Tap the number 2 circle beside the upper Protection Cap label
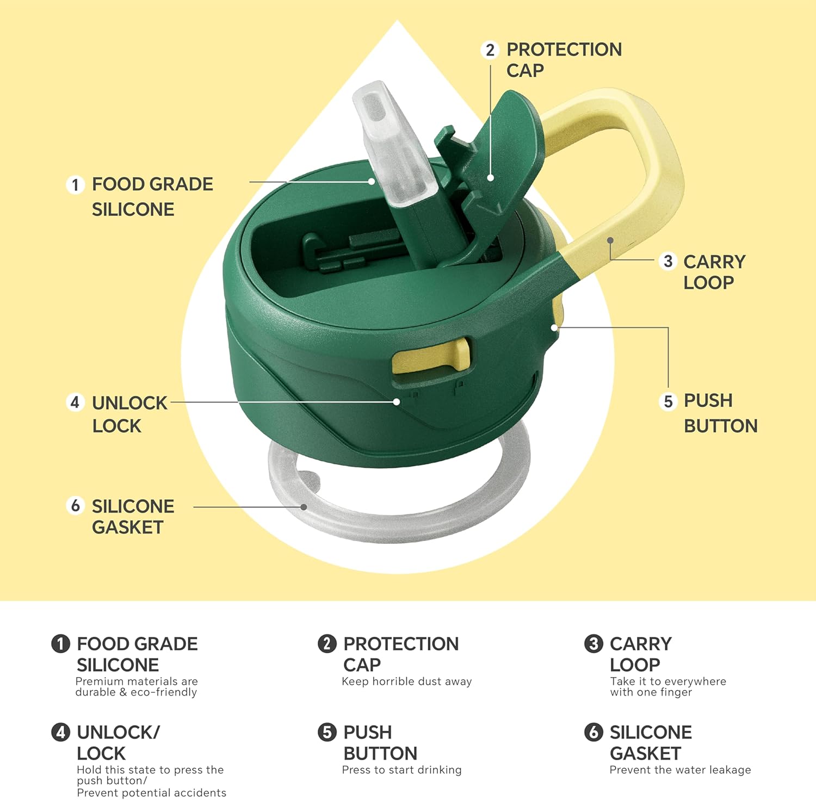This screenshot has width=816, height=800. coord(490,50)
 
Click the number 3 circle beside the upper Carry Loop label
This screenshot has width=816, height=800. coord(668,261)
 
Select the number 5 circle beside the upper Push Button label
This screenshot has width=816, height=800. coord(668,402)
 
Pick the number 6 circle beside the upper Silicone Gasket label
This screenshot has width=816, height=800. coord(75,506)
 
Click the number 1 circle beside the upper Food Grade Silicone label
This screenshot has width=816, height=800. coord(75,185)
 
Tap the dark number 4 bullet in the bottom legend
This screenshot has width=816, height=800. coord(60,732)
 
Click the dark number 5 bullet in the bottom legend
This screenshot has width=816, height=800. coord(327,732)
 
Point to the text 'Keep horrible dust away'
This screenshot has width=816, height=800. coord(407,681)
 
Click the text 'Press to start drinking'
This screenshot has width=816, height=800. coord(402,770)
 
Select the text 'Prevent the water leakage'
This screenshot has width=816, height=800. coord(680,770)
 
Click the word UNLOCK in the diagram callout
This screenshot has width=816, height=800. coord(129,403)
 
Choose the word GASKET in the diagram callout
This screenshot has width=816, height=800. coord(128,527)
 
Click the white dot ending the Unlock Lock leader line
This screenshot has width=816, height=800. coord(397,402)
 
